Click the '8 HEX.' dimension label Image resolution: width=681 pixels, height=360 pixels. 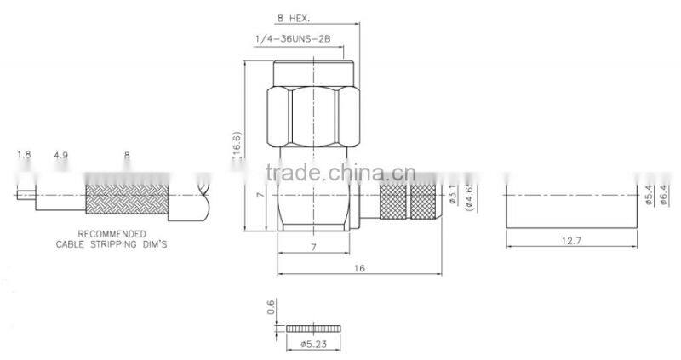[294, 19]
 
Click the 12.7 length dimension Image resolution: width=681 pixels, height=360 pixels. [570, 241]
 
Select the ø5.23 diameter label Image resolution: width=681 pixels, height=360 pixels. [315, 344]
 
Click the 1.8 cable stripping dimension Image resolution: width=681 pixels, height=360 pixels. [23, 156]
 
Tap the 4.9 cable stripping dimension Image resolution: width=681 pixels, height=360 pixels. [60, 156]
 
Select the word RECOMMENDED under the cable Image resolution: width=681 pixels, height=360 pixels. [112, 233]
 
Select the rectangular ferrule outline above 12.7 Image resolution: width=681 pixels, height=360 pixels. [570, 204]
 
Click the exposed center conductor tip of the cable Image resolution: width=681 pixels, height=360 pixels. [23, 195]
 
